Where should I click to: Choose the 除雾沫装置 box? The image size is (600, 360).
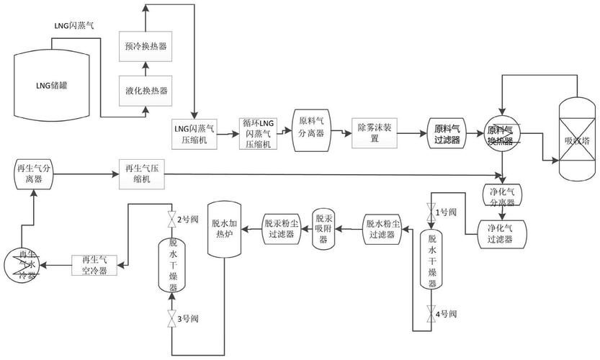(375, 132)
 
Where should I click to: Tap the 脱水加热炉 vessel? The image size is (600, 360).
(223, 228)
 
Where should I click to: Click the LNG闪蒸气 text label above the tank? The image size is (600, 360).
(73, 25)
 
